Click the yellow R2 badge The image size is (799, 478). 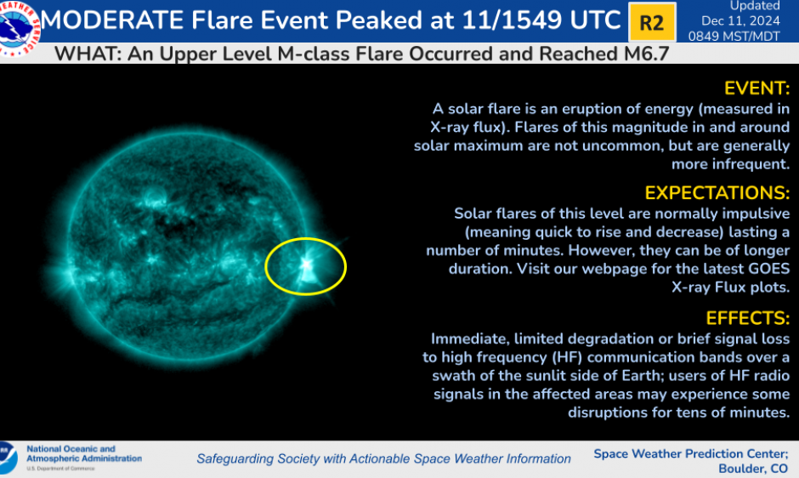652,22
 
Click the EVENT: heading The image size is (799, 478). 756,88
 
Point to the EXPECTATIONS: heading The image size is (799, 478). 717,192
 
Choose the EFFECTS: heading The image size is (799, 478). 748,317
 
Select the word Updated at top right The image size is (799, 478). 755,6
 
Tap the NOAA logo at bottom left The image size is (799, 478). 8,458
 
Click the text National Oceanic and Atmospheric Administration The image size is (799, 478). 83,454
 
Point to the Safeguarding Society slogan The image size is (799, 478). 383,459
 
